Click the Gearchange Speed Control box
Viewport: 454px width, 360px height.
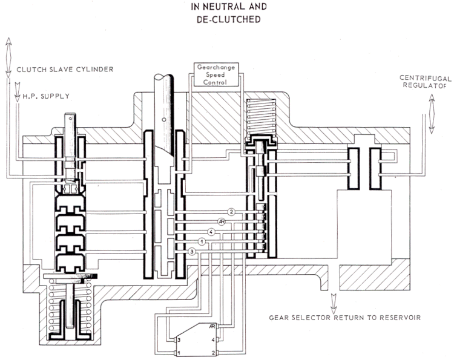click(216, 74)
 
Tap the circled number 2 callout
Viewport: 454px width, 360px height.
click(231, 212)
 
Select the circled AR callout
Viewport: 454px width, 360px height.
click(222, 222)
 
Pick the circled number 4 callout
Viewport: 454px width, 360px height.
click(211, 232)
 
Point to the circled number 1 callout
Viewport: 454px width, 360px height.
click(202, 241)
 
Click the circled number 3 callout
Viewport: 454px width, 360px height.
click(192, 252)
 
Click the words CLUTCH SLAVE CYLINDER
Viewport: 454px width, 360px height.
click(65, 70)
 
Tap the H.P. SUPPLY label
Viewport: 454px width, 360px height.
click(46, 96)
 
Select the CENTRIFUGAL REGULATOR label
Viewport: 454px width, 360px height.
click(425, 82)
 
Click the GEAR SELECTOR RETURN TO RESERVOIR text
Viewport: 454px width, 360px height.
click(345, 318)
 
